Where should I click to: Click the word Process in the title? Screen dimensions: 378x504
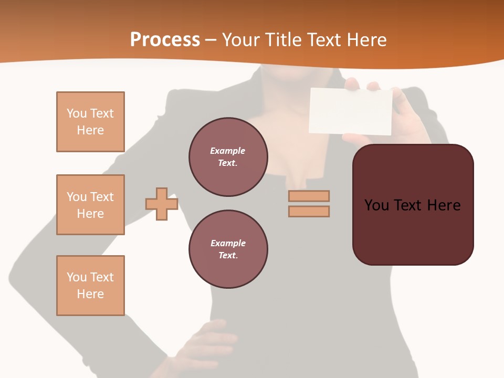[165, 40]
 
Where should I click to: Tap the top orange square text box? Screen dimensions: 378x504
[90, 122]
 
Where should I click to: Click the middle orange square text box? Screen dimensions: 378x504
[90, 205]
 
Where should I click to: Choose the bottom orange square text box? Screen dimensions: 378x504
[90, 286]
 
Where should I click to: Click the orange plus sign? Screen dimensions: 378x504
[162, 204]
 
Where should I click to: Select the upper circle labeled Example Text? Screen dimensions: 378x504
[228, 157]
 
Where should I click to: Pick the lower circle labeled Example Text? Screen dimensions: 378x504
[228, 249]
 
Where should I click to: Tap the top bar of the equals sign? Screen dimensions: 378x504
[309, 196]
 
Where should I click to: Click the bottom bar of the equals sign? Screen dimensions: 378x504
[309, 212]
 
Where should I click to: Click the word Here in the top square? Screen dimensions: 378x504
[90, 130]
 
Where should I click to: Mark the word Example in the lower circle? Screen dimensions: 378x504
[228, 243]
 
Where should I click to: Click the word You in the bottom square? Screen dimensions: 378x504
[77, 277]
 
